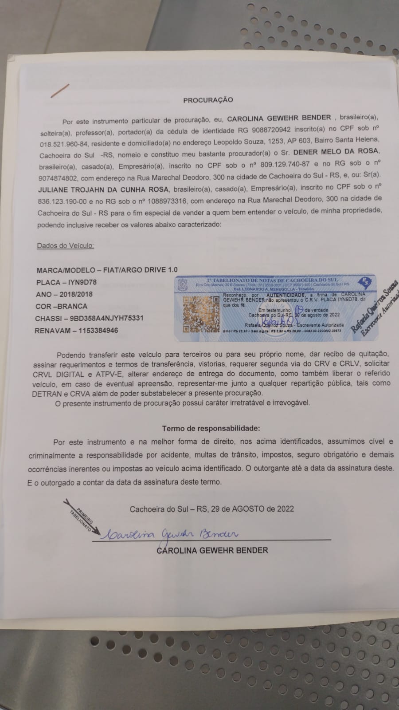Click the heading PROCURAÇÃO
pos(208,100)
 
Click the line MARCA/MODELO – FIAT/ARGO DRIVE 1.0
pos(107,270)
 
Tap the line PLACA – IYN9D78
pos(66,282)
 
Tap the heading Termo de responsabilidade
pos(211,429)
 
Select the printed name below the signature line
pos(212,550)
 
